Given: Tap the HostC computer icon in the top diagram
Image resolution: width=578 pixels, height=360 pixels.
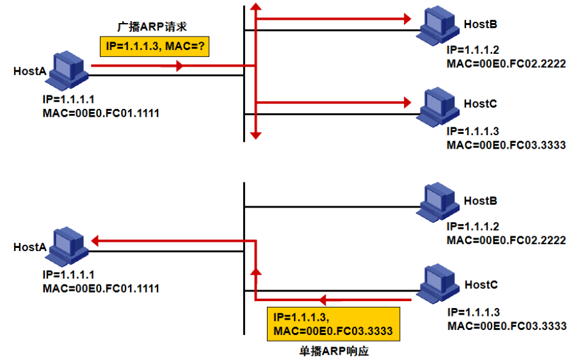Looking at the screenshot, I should coord(439,104).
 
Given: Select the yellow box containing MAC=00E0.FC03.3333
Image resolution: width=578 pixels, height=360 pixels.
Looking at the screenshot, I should coord(333,325).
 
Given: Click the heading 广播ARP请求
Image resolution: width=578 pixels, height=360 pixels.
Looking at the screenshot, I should coord(155,26).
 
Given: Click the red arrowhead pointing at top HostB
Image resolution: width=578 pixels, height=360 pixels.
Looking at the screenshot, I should coord(405,19).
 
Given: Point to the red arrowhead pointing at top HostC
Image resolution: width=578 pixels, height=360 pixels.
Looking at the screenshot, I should coord(405,101).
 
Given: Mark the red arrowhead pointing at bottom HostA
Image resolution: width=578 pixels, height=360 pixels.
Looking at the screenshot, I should coord(95,241).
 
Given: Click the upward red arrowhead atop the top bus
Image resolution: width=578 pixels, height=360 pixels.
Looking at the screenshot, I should coord(255,8).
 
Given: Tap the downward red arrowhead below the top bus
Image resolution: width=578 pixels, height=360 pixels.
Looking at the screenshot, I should coord(255,135).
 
